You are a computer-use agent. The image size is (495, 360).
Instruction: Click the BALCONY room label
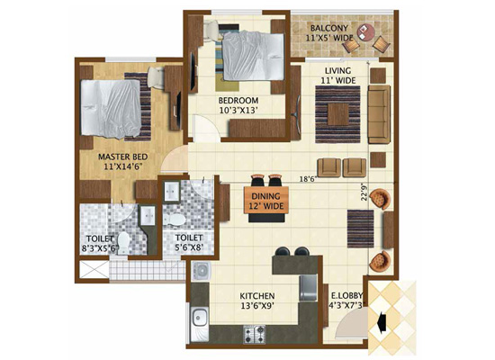329,28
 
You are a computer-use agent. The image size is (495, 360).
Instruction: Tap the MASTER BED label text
122,157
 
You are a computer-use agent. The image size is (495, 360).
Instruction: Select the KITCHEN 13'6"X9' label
257,301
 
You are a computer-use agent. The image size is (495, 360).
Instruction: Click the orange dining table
266,200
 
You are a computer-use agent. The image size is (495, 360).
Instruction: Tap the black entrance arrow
382,322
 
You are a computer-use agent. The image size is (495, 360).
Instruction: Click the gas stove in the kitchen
254,335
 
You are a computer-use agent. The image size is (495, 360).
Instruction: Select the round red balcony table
366,32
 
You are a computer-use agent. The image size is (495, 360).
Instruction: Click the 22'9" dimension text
364,192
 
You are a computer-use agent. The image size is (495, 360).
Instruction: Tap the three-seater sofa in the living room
379,114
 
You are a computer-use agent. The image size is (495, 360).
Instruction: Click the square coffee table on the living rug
337,114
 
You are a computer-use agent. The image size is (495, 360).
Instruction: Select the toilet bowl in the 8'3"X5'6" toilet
123,243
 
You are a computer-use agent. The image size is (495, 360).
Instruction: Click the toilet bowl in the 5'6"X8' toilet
175,220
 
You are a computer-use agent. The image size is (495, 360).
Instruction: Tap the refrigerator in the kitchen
308,287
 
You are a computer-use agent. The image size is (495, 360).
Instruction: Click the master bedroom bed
111,109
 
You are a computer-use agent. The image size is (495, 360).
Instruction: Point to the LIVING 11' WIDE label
338,76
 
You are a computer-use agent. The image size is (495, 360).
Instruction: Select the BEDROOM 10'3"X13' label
238,105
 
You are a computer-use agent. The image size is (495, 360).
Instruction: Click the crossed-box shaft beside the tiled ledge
94,269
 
